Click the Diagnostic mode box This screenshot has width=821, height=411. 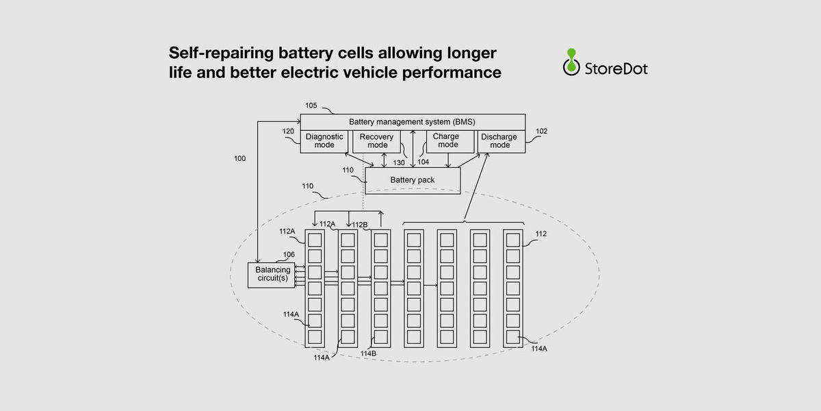324,141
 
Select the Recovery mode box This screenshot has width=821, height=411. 376,141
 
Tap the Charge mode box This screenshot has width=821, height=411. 447,140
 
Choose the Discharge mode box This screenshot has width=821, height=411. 499,141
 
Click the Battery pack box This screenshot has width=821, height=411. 413,180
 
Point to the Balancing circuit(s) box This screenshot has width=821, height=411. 273,274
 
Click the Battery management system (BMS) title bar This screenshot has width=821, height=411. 413,122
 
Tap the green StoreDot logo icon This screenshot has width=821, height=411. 571,61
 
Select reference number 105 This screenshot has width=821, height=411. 311,106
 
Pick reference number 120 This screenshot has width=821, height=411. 288,131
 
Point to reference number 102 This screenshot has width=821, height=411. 542,131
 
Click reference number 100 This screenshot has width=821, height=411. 239,158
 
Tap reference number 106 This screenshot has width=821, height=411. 289,254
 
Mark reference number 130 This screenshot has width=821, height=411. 399,163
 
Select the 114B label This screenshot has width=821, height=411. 369,353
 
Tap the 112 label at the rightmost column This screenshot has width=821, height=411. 541,234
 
